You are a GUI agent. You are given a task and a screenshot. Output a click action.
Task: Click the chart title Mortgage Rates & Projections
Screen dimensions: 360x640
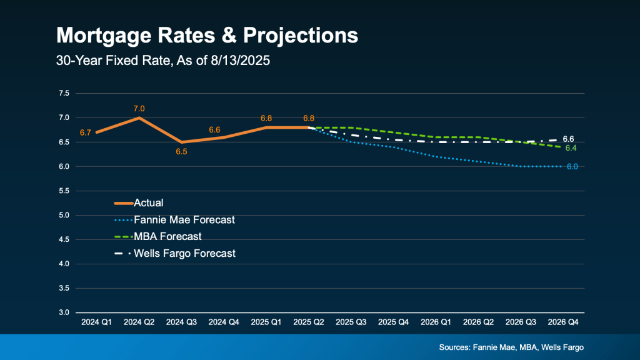207,35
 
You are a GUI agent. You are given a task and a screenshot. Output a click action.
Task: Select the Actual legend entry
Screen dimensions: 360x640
149,202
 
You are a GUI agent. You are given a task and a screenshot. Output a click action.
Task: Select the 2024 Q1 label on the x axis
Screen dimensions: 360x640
96,322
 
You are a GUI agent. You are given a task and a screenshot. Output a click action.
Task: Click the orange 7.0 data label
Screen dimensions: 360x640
139,109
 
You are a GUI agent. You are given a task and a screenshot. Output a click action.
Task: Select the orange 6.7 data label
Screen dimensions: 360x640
86,132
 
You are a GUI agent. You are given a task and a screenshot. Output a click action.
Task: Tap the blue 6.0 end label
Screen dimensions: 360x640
572,167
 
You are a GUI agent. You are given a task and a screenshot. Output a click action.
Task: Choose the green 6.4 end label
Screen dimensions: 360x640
571,148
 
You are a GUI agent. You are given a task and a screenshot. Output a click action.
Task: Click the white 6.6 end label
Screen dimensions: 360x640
568,139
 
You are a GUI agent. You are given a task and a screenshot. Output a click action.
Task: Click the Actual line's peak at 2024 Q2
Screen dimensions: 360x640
139,117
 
